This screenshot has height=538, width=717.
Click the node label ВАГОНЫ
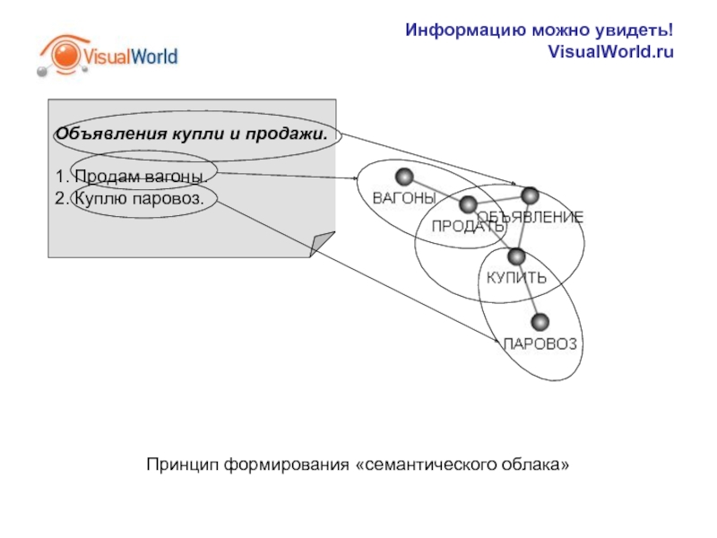(x=404, y=197)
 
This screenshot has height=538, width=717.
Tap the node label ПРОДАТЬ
(x=468, y=226)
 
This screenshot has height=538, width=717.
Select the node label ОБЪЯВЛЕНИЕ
(x=530, y=217)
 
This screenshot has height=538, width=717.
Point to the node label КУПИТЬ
(x=515, y=277)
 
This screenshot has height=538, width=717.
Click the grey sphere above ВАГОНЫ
(x=404, y=176)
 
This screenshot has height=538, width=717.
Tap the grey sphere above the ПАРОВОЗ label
(x=541, y=322)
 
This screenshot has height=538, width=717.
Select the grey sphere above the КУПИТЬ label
(x=515, y=256)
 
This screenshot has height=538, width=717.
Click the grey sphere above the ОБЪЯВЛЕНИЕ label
(x=530, y=195)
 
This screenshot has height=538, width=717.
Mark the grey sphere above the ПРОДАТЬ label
(x=467, y=205)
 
